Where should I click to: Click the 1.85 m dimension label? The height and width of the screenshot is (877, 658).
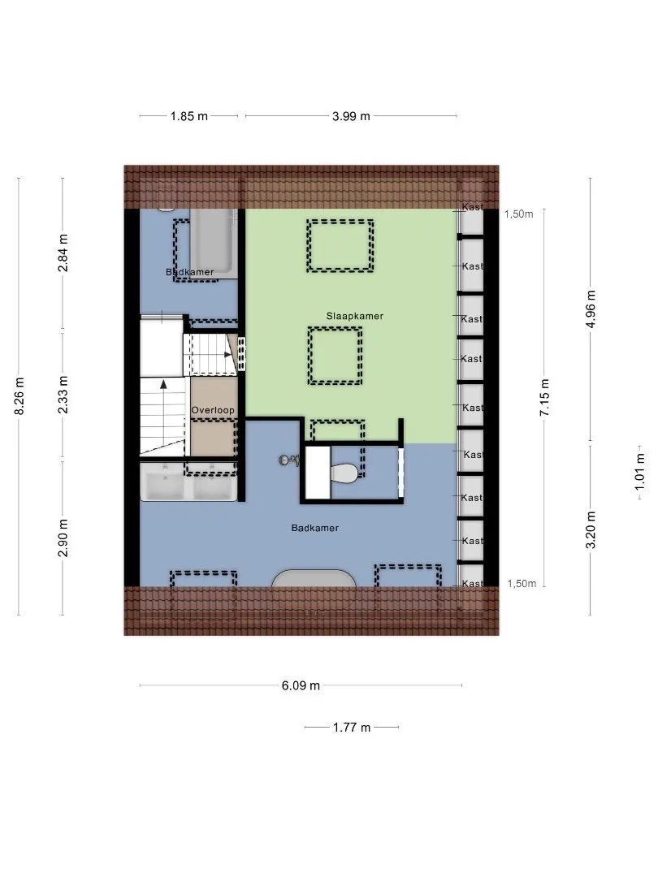(x=189, y=116)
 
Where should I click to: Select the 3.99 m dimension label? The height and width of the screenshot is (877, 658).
(x=352, y=116)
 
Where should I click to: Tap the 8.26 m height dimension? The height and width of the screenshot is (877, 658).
(x=19, y=396)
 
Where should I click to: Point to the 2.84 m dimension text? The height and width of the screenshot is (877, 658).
(x=63, y=253)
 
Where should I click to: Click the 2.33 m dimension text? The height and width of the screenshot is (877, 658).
(x=63, y=395)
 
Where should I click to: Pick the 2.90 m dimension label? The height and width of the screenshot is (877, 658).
(x=63, y=538)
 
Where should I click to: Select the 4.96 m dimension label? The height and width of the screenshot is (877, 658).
(x=591, y=309)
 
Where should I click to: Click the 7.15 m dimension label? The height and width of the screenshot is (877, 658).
(x=544, y=397)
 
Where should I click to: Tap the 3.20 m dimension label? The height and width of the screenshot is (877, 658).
(x=591, y=529)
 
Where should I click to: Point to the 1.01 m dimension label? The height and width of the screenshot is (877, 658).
(x=640, y=472)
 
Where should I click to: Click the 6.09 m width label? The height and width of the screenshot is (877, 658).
(x=301, y=685)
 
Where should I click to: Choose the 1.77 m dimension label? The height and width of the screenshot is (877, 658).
(x=352, y=728)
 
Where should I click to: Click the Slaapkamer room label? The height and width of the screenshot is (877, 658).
(x=355, y=316)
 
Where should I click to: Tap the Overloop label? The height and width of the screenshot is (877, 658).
(x=213, y=410)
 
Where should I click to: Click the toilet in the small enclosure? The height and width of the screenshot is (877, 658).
(x=344, y=473)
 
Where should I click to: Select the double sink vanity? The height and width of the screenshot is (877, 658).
(x=188, y=482)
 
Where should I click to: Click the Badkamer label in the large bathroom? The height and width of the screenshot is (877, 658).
(x=315, y=528)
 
